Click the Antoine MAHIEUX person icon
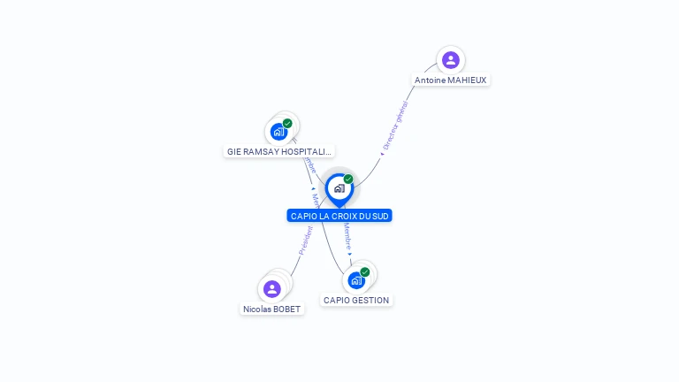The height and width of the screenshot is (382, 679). [x=451, y=60]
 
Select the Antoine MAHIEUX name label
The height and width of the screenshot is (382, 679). [x=451, y=80]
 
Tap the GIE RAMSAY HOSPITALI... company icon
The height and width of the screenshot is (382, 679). [x=279, y=132]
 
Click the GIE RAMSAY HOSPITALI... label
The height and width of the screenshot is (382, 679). [x=279, y=152]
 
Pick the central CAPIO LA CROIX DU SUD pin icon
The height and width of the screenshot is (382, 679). [x=339, y=188]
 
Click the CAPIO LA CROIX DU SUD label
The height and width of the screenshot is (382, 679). [x=339, y=216]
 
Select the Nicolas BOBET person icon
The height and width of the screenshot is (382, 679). [x=272, y=288]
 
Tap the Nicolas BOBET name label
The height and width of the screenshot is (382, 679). [x=272, y=309]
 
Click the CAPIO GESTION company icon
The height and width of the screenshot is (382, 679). [x=356, y=280]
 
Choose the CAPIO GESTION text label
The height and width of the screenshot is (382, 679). [x=356, y=301]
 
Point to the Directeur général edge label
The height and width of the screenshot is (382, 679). [x=395, y=126]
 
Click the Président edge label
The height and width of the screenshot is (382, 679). [x=306, y=241]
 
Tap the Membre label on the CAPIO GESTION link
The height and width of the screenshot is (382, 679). [x=347, y=238]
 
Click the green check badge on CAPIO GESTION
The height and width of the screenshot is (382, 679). [x=365, y=271]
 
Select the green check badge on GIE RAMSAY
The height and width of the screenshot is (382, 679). [x=287, y=123]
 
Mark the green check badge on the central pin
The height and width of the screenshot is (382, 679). [x=348, y=179]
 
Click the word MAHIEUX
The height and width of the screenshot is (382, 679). [x=467, y=80]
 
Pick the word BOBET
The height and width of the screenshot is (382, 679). [x=286, y=309]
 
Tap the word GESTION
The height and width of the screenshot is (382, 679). [x=371, y=301]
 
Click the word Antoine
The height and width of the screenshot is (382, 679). [x=430, y=80]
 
